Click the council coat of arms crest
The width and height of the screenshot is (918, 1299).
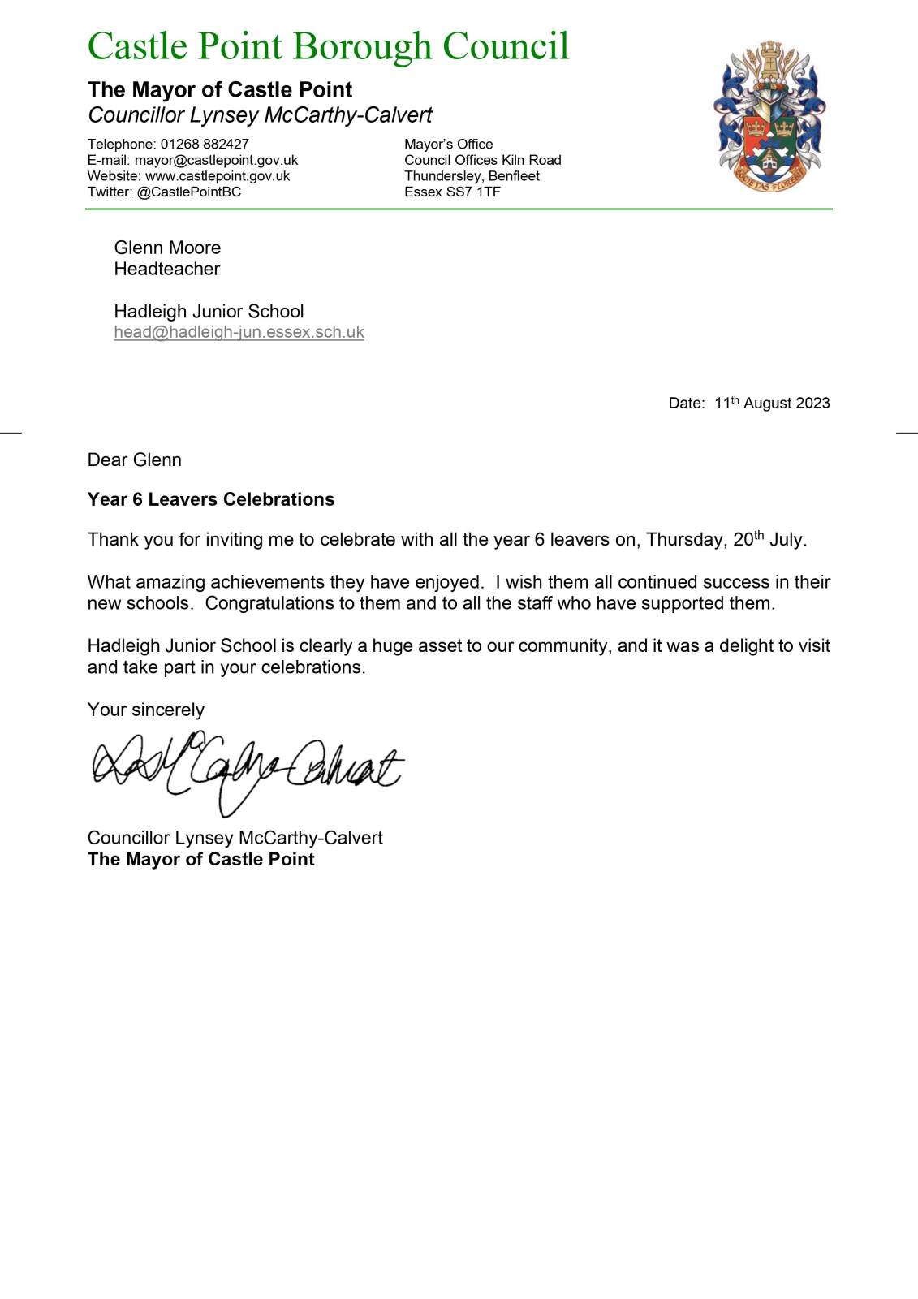[769, 117]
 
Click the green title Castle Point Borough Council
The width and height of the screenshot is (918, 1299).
[328, 46]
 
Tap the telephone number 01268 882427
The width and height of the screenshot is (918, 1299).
[205, 144]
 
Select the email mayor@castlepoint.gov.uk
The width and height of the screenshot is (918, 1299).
[216, 160]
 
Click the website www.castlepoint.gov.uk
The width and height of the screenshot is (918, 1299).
[218, 176]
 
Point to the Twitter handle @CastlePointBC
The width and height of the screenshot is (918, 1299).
[189, 192]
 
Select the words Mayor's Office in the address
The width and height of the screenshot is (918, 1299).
[449, 144]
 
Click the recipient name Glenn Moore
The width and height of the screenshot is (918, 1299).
[167, 248]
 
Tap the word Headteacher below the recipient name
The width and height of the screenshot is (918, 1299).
[167, 269]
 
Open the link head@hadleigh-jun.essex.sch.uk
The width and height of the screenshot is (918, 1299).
[239, 332]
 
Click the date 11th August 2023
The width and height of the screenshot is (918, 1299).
[772, 404]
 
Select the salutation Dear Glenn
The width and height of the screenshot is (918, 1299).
[135, 460]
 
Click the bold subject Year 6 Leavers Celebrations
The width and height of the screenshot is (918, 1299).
[211, 499]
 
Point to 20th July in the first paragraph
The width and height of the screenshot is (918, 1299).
[769, 540]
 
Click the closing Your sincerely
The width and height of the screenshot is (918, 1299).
[146, 710]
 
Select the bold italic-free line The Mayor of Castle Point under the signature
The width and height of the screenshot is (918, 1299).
[201, 859]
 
